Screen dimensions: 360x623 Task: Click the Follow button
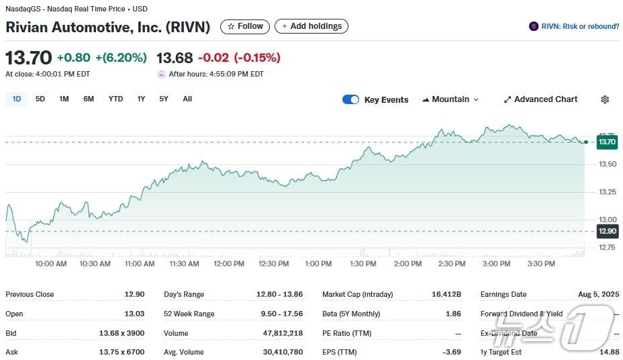pos(245,26)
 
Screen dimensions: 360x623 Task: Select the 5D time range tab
pos(40,99)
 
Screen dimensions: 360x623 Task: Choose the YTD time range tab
pos(115,99)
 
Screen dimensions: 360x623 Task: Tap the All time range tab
pos(187,99)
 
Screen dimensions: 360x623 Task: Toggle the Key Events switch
pos(350,99)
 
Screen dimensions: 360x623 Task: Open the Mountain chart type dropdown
pos(450,99)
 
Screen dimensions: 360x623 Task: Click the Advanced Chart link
pos(540,99)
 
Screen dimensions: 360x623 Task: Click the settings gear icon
pos(605,99)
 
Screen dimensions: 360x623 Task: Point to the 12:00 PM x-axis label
pos(229,264)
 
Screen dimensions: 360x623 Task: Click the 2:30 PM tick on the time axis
pos(452,264)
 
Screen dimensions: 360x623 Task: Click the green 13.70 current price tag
pos(607,142)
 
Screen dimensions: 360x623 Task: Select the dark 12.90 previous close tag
pos(607,231)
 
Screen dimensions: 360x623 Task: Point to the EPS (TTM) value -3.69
pos(450,352)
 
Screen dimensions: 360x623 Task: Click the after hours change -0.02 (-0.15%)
pos(239,58)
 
